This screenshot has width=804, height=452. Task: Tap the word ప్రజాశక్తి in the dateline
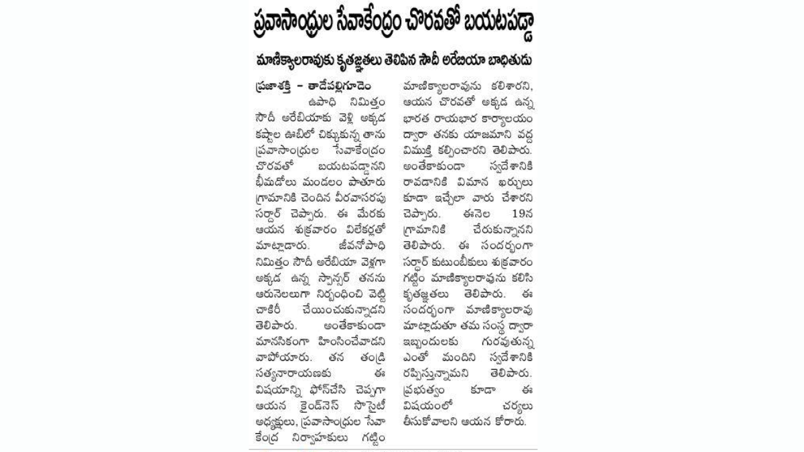pos(269,86)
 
